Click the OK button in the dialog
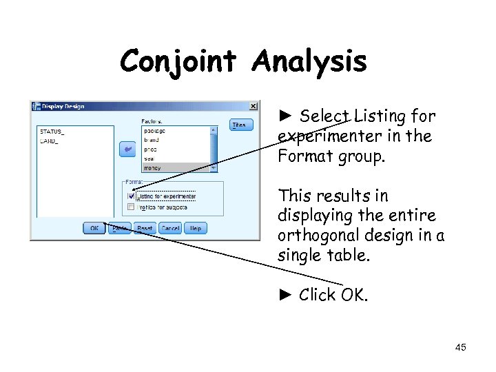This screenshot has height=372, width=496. click(94, 228)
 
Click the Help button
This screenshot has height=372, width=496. click(196, 228)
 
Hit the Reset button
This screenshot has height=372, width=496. click(145, 228)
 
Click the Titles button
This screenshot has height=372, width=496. click(241, 125)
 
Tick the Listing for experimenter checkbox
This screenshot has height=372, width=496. click(132, 196)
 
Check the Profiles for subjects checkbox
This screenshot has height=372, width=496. click(132, 207)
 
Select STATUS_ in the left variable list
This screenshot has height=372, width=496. click(52, 131)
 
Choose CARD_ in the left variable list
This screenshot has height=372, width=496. click(49, 141)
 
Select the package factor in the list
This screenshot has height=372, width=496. click(155, 130)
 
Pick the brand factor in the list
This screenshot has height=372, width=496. click(152, 139)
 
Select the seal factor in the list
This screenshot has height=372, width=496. click(149, 158)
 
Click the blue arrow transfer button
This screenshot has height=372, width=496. click(127, 149)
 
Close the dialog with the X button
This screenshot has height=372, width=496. click(253, 106)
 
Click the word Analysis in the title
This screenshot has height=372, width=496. click(309, 62)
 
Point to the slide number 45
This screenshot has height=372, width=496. click(460, 347)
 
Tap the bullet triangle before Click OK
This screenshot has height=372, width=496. click(286, 295)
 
